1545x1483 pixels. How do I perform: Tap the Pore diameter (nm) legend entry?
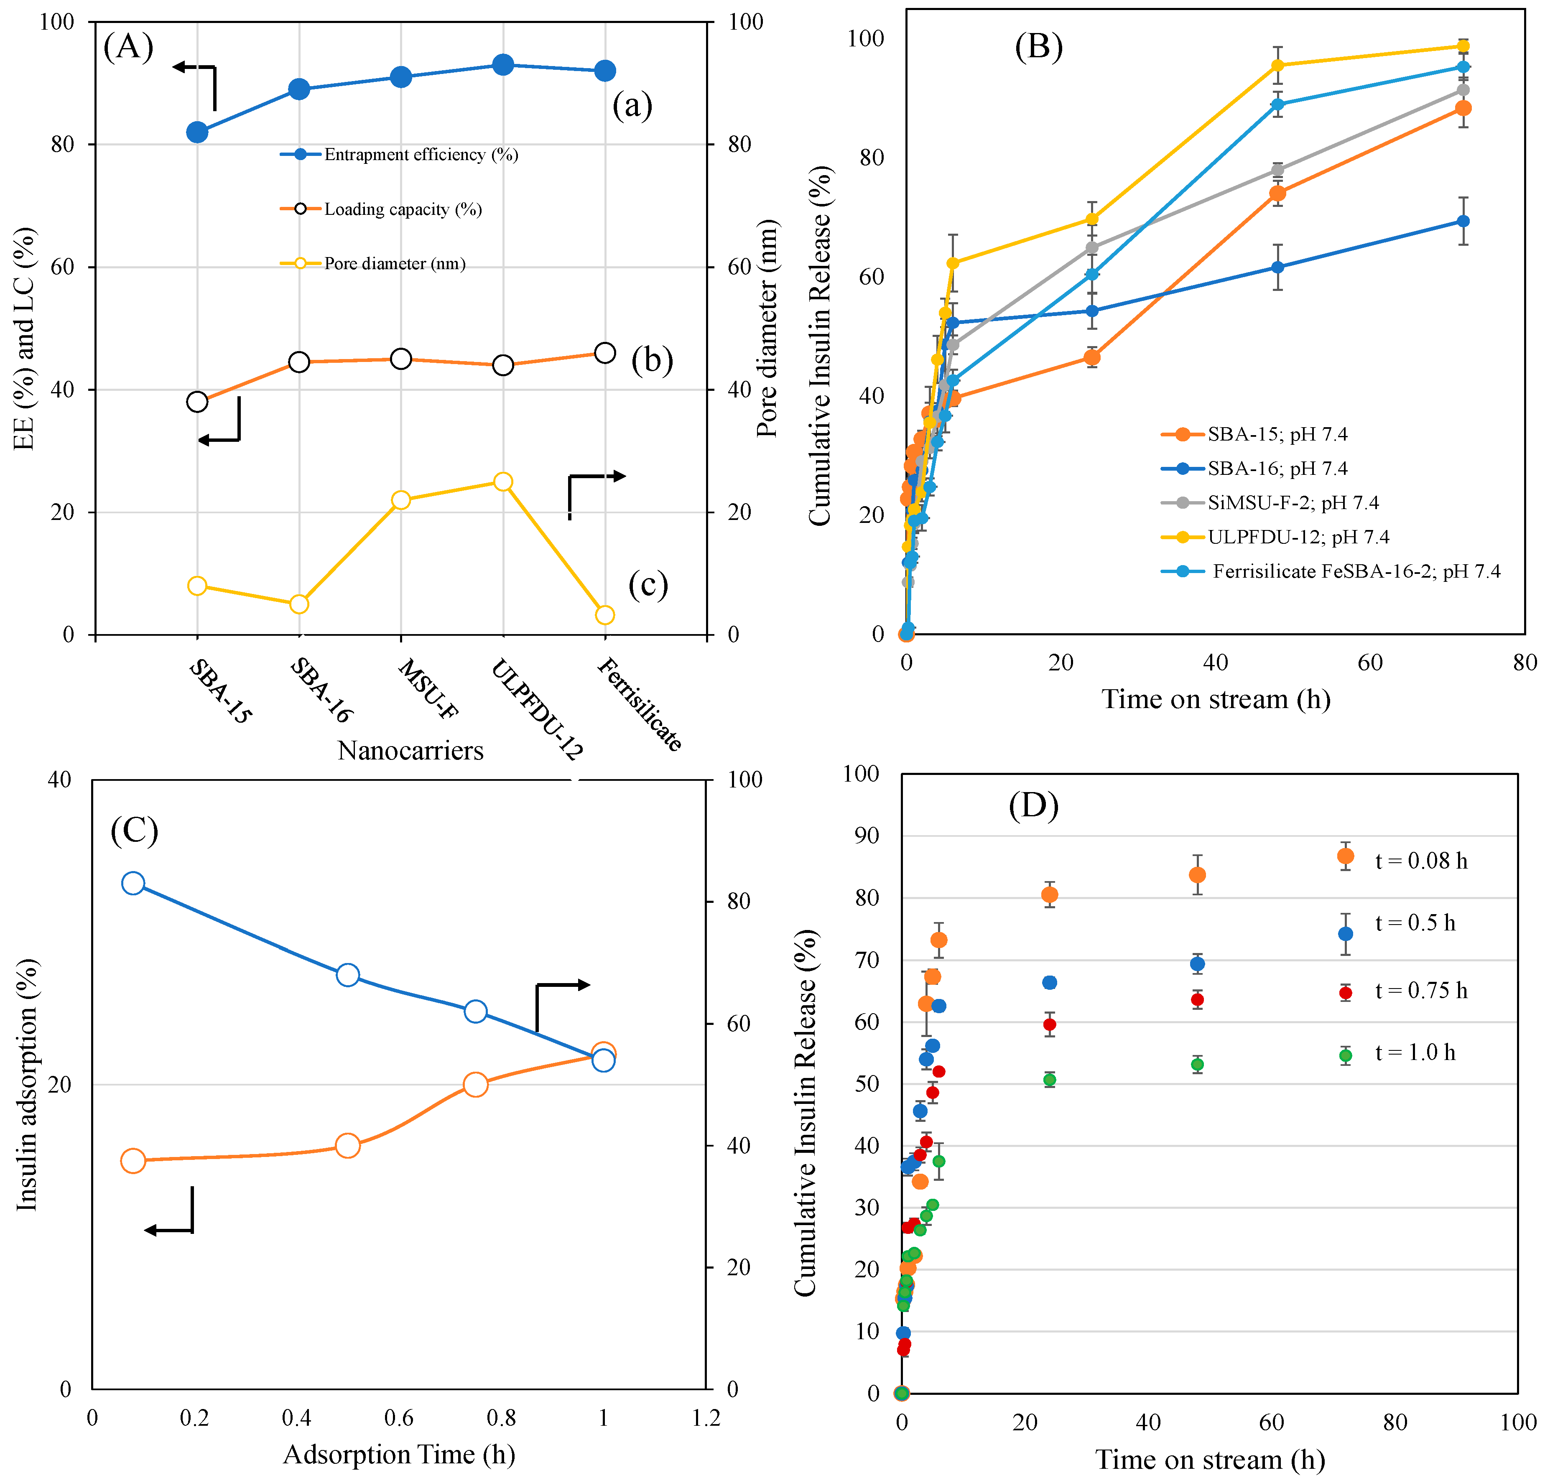[394, 263]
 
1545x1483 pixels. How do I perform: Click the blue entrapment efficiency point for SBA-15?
[197, 133]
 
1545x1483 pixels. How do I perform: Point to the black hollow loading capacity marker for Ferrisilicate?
[604, 353]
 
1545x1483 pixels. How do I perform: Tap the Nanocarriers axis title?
[410, 750]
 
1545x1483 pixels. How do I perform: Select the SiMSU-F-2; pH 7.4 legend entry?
[1293, 503]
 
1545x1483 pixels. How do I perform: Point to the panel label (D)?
[1033, 805]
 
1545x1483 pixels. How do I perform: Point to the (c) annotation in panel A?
[648, 585]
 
